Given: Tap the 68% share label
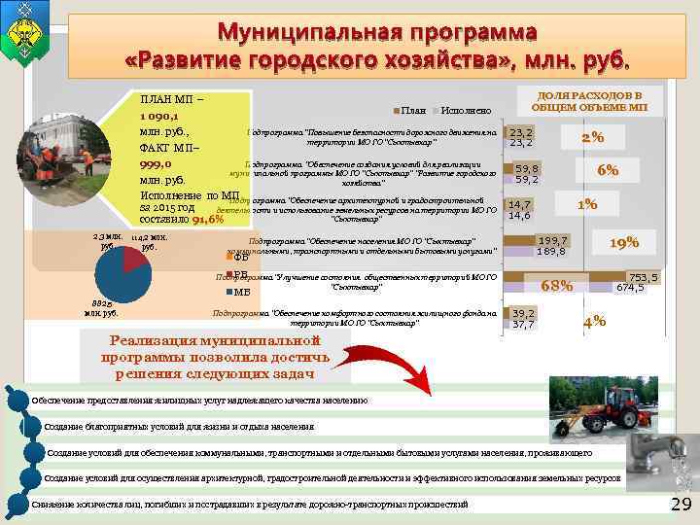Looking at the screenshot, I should pyautogui.click(x=556, y=286).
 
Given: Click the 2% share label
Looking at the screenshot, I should pyautogui.click(x=593, y=137).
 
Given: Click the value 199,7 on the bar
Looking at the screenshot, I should pyautogui.click(x=553, y=240).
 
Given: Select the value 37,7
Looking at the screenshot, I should pyautogui.click(x=523, y=325).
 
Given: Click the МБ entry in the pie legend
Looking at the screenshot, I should pyautogui.click(x=241, y=292).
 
